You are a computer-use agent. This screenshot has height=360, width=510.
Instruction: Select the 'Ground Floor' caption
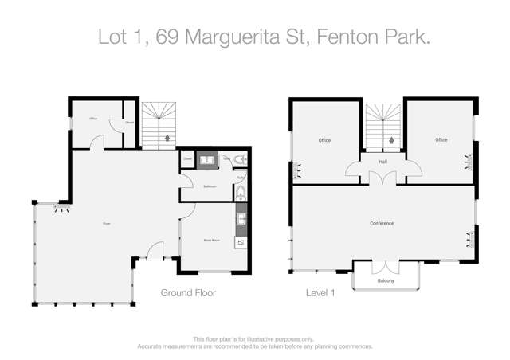pos(189,293)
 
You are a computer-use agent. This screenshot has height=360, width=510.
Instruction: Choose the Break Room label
pos(210,237)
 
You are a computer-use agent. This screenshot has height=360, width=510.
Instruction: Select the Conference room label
pos(382,223)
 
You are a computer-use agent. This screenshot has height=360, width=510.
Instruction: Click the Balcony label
pos(386,280)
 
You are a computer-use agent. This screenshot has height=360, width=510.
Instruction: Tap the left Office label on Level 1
pos(324,140)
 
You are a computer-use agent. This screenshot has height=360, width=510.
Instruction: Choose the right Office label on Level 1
pos(441,140)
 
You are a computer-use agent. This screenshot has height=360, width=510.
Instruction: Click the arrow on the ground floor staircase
pos(166,137)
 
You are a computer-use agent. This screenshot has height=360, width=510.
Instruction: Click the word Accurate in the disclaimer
pos(153,347)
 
